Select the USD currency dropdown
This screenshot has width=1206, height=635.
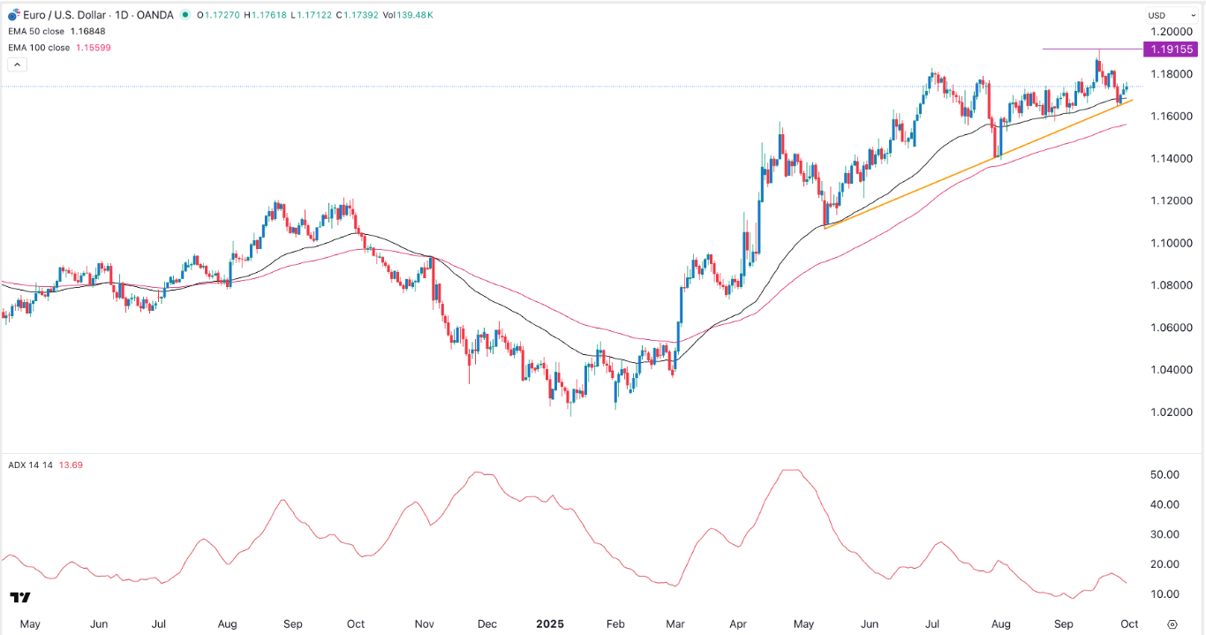(1159, 15)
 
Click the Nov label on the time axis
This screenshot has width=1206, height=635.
(425, 624)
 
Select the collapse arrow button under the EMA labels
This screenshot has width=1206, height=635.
(16, 64)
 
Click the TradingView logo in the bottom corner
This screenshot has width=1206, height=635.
(21, 598)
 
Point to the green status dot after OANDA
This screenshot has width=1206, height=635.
(184, 15)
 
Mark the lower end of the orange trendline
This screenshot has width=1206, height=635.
(825, 229)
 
